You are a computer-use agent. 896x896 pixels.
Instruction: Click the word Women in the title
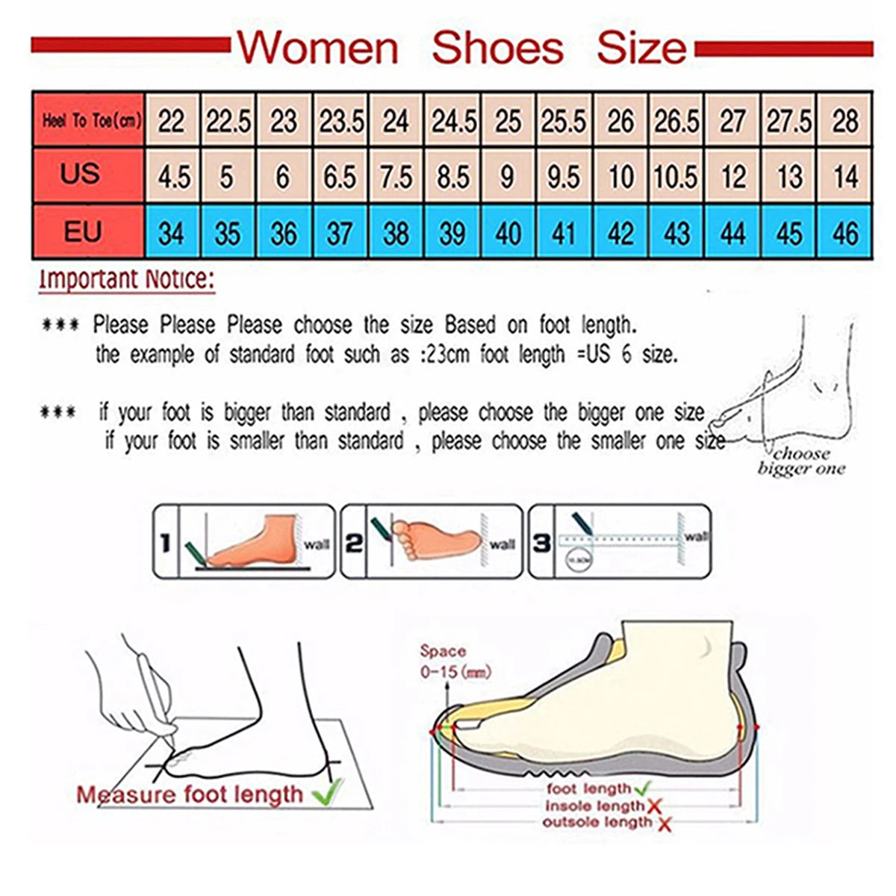coord(319,48)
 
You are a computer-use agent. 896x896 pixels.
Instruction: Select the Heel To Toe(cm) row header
coord(89,120)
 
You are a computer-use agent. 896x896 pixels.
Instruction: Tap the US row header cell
coord(81,175)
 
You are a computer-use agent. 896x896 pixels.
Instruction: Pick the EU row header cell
coord(82,231)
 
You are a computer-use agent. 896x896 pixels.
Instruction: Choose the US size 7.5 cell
coord(396,177)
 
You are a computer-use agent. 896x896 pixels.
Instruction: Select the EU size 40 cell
coord(508,233)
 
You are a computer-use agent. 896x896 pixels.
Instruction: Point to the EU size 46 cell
coord(845,233)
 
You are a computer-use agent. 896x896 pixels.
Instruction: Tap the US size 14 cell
coord(845,177)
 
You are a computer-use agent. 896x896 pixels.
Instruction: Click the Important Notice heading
coord(127,280)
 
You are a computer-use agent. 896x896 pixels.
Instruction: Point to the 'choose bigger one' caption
coord(801,461)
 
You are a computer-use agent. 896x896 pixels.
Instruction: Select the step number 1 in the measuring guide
coord(166,543)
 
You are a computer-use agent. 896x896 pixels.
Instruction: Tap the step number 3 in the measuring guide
coord(542,543)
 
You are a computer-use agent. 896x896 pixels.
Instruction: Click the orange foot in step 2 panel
coord(433,539)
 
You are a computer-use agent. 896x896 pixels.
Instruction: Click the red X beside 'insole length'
coord(655,806)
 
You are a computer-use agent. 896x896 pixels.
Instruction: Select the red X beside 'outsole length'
coord(664,824)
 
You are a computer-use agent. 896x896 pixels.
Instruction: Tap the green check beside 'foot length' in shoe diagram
coord(643,788)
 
